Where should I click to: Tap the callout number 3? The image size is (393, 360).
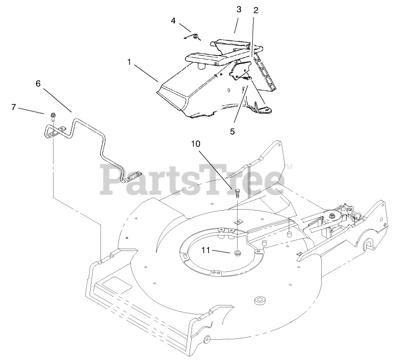(239, 9)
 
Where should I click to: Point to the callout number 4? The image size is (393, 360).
(173, 21)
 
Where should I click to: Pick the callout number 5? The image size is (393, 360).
(232, 131)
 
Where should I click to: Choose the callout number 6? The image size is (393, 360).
(38, 84)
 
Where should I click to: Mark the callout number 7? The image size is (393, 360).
(14, 107)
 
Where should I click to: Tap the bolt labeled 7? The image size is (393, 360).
(53, 115)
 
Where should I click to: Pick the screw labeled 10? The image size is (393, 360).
(238, 192)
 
